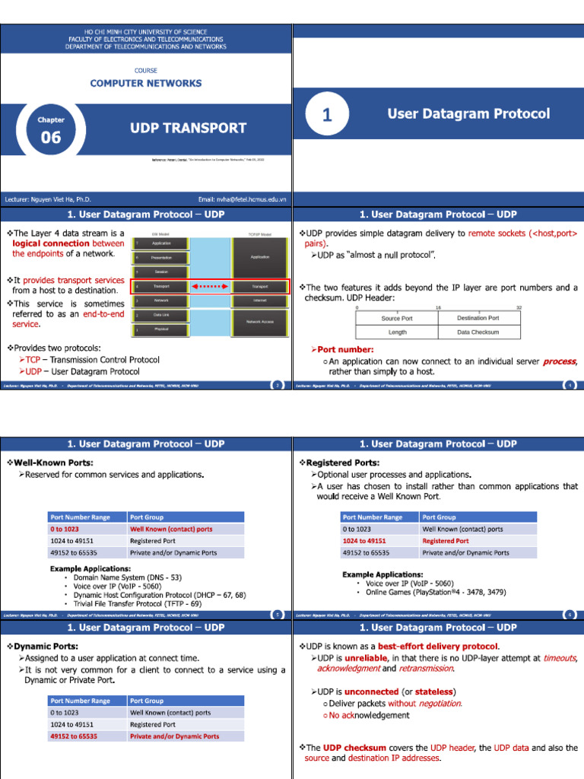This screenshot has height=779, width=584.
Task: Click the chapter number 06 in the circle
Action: [x=51, y=138]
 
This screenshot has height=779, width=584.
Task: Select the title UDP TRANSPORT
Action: [x=189, y=128]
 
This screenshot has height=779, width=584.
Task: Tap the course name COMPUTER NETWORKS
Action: [x=146, y=83]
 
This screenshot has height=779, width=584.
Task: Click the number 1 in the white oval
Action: [x=327, y=115]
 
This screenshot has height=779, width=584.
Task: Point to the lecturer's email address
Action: [x=242, y=199]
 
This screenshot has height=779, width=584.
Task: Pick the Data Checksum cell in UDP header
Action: [x=478, y=332]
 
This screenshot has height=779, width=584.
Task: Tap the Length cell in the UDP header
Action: [x=397, y=332]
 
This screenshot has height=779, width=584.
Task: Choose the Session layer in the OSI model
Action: [x=161, y=272]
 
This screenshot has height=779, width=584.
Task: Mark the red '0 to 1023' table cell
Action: [x=65, y=529]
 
